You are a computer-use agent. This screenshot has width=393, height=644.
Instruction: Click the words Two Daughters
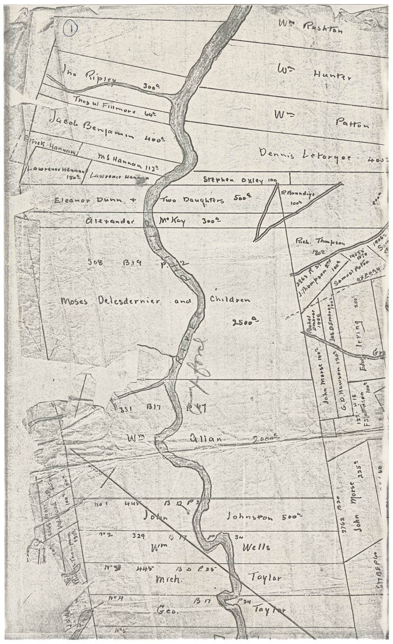192,200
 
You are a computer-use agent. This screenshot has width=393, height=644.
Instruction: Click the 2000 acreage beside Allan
263,439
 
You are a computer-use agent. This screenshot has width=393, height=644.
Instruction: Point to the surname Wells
256,547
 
